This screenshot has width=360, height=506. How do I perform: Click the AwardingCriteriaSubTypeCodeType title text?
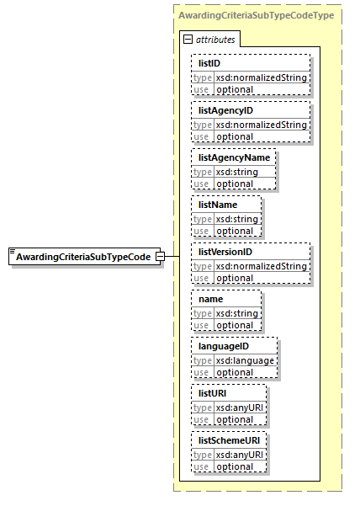pyautogui.click(x=255, y=16)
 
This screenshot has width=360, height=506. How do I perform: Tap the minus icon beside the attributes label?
pyautogui.click(x=188, y=40)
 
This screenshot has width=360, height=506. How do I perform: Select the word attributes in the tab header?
pyautogui.click(x=215, y=40)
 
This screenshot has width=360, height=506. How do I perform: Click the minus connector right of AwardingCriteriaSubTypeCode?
pyautogui.click(x=171, y=257)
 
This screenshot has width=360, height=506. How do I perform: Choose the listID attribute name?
pyautogui.click(x=209, y=63)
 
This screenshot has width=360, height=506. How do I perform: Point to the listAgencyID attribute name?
pyautogui.click(x=225, y=110)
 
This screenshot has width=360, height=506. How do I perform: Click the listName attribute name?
pyautogui.click(x=218, y=205)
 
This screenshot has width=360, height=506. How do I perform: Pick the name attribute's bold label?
pyautogui.click(x=211, y=299)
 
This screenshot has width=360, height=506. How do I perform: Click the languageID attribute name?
pyautogui.click(x=224, y=346)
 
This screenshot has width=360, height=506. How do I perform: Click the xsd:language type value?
pyautogui.click(x=246, y=360)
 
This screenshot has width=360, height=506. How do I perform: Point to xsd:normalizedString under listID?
pyautogui.click(x=262, y=77)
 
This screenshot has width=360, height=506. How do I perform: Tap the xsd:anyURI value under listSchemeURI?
pyautogui.click(x=241, y=455)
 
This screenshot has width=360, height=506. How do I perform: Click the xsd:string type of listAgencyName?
pyautogui.click(x=237, y=172)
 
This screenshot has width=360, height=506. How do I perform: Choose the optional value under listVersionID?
pyautogui.click(x=235, y=278)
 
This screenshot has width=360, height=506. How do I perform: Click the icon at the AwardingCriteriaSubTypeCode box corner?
pyautogui.click(x=13, y=252)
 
